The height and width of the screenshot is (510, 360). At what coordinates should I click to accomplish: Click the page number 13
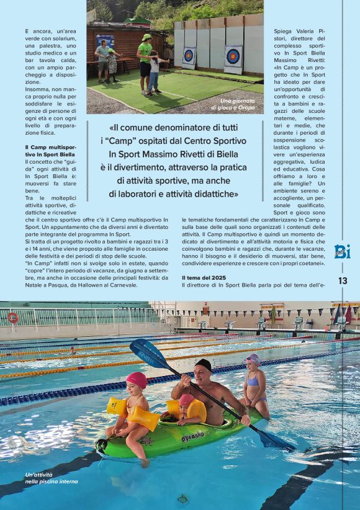pyautogui.click(x=343, y=280)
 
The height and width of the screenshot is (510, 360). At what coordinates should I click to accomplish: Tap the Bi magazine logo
pyautogui.click(x=342, y=251)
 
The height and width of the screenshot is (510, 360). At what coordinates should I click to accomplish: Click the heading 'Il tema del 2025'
pyautogui.click(x=204, y=277)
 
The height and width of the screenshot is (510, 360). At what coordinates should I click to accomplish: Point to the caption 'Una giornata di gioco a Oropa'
pyautogui.click(x=236, y=104)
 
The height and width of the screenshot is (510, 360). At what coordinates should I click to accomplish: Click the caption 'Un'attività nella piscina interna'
pyautogui.click(x=52, y=478)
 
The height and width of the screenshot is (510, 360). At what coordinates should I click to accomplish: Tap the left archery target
pyautogui.click(x=189, y=56)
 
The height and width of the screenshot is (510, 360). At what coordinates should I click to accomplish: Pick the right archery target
pyautogui.click(x=233, y=57)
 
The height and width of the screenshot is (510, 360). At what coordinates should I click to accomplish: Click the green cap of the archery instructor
pyautogui.click(x=146, y=37)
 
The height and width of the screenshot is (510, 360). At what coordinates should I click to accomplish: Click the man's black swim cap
pyautogui.click(x=203, y=364)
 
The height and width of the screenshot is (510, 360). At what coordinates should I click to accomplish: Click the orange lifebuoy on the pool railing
pyautogui.click(x=12, y=318)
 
